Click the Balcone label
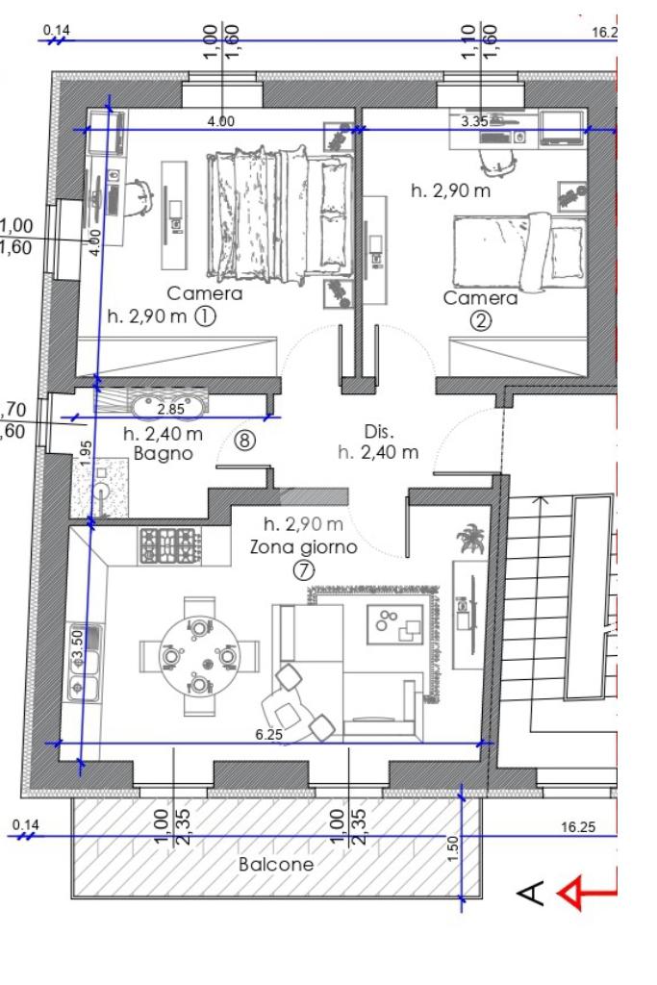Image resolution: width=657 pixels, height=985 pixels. (x=276, y=865)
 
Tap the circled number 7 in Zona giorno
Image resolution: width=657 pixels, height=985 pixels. (x=303, y=570)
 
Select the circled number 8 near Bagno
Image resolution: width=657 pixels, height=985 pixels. (x=245, y=440)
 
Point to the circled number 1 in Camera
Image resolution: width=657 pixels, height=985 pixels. (x=206, y=316)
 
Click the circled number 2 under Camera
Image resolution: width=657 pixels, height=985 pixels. (x=481, y=321)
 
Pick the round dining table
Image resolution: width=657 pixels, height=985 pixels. (x=199, y=655)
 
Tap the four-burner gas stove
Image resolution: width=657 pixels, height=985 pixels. (x=169, y=545)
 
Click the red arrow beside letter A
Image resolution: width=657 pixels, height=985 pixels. (x=588, y=893)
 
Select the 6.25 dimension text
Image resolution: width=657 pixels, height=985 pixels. (x=268, y=734)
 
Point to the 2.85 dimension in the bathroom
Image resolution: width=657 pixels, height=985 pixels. (x=171, y=409)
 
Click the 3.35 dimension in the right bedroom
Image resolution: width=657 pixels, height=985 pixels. (x=474, y=121)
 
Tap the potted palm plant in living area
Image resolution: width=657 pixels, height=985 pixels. (x=471, y=539)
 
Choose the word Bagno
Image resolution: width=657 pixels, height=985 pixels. (x=164, y=454)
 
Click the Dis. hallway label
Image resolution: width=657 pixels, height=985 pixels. (x=379, y=432)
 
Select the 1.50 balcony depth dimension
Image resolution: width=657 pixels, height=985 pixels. (x=454, y=848)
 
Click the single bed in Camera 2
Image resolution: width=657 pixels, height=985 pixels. (x=519, y=253)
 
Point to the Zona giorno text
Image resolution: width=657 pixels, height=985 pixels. (x=303, y=546)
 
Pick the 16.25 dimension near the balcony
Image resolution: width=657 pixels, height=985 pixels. (x=578, y=826)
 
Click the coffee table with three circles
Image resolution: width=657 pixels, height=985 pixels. (x=395, y=623)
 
